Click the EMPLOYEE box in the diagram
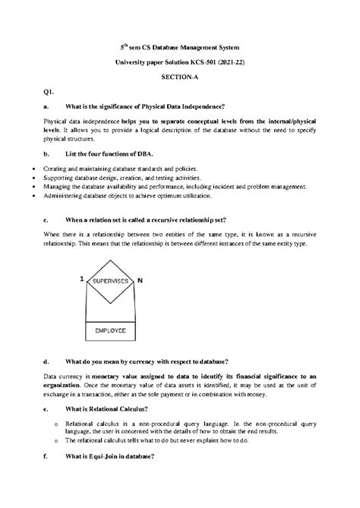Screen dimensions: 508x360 110,331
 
